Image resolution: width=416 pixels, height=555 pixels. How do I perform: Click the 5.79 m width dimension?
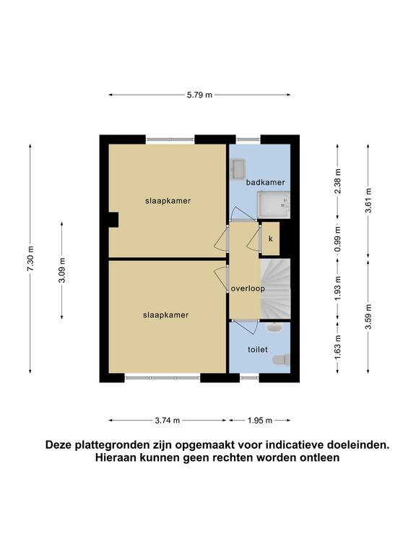pyautogui.click(x=199, y=95)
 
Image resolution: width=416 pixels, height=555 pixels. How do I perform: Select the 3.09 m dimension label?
pyautogui.click(x=62, y=270)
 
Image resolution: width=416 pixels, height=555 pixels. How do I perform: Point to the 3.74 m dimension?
pyautogui.click(x=168, y=421)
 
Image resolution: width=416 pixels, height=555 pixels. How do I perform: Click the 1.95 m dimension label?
pyautogui.click(x=260, y=421)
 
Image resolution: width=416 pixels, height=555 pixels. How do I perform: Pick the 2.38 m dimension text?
pyautogui.click(x=338, y=181)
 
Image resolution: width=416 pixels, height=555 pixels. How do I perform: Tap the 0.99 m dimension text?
pyautogui.click(x=338, y=239)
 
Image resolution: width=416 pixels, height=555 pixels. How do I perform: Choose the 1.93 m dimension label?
pyautogui.click(x=338, y=288)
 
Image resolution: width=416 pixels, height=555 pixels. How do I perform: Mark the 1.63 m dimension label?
pyautogui.click(x=338, y=347)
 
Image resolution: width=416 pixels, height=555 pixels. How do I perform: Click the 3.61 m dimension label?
pyautogui.click(x=368, y=200)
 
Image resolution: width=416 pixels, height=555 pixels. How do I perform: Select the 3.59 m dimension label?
pyautogui.click(x=368, y=317)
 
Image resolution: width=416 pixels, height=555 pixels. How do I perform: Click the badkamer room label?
pyautogui.click(x=265, y=182)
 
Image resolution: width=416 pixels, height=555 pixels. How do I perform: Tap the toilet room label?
pyautogui.click(x=258, y=350)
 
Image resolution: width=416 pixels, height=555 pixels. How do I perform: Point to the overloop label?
pyautogui.click(x=248, y=288)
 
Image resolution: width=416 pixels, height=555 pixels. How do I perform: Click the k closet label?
pyautogui.click(x=271, y=238)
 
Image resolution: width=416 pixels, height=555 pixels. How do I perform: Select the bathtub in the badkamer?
pyautogui.click(x=274, y=205)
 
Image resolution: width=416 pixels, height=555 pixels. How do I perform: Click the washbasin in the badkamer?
pyautogui.click(x=238, y=169)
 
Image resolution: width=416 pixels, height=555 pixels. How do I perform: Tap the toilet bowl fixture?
pyautogui.click(x=282, y=360)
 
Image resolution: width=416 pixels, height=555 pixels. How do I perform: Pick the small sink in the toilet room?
pyautogui.click(x=274, y=327)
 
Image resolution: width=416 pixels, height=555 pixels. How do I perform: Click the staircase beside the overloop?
pyautogui.click(x=276, y=288)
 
